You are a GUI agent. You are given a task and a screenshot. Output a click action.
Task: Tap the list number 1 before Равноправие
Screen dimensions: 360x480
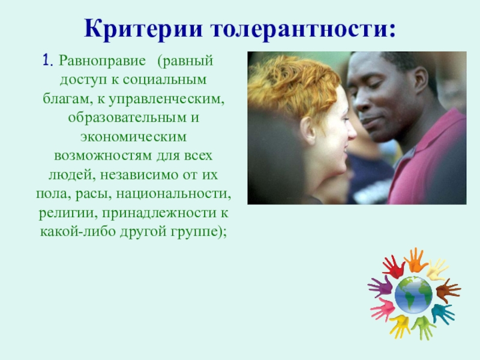point(47,61)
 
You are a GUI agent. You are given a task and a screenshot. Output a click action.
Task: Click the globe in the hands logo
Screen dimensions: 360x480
point(414,294)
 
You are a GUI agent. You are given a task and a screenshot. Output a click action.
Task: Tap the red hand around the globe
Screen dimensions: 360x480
point(394,266)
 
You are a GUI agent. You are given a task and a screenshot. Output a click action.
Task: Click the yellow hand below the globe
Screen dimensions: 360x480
point(400,325)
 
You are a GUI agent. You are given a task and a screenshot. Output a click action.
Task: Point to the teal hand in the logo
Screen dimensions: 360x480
point(443,313)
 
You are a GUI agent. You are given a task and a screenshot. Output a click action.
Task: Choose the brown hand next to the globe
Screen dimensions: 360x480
point(448,290)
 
